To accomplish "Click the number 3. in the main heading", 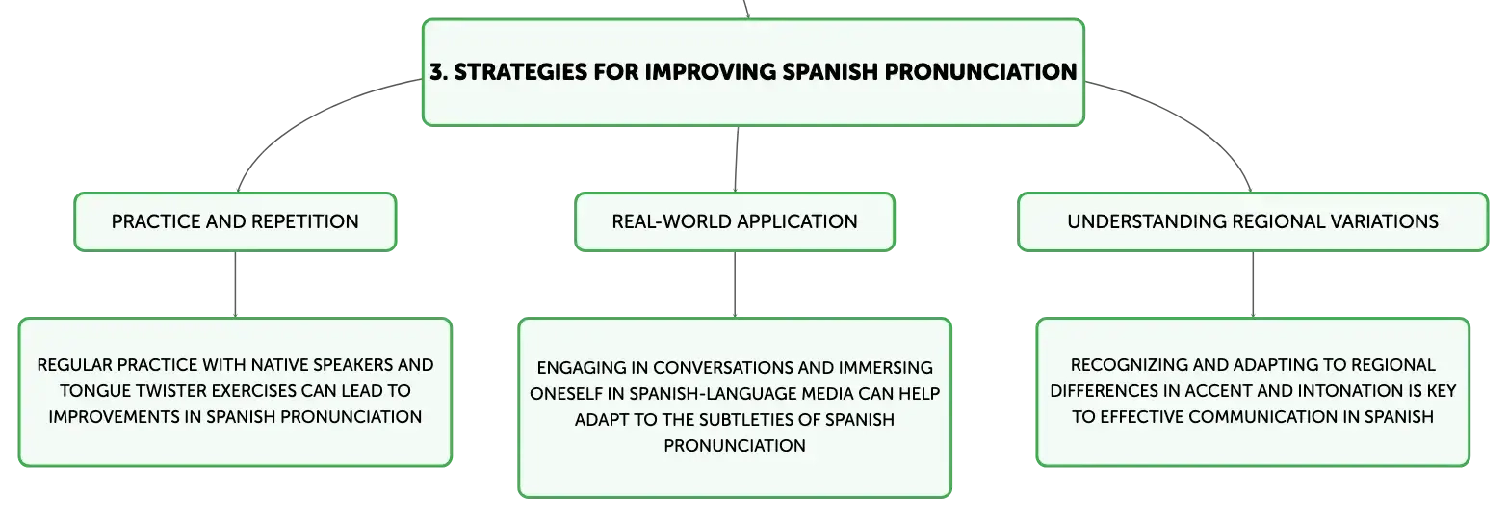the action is pos(439,72).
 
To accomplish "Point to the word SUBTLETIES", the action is pos(746,420).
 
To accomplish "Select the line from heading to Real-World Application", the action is pos(737,160).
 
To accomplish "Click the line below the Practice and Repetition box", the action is pos(235,284).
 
